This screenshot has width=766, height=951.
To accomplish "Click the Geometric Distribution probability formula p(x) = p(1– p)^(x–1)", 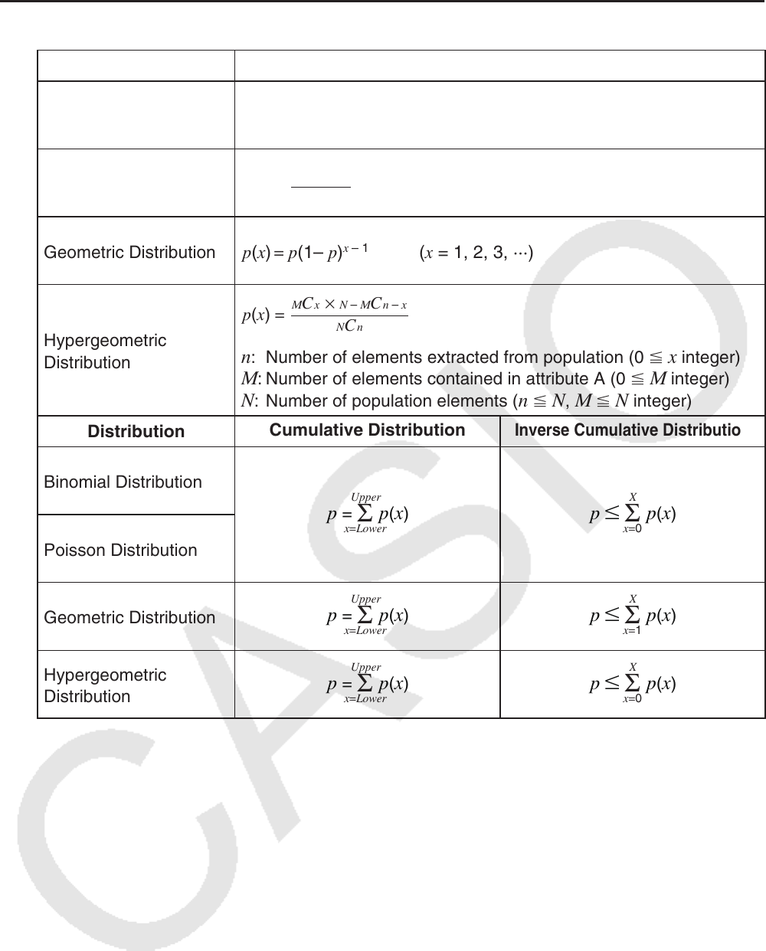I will pos(306,253).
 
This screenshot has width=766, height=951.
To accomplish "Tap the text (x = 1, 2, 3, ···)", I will pos(476,253).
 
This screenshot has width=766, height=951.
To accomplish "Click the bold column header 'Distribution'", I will pos(136,432).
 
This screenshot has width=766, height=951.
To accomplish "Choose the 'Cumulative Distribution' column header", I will pos(367,430).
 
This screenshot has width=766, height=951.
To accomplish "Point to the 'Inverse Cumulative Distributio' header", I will pos(627,430).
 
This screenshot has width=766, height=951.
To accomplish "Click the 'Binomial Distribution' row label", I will pos(123,482).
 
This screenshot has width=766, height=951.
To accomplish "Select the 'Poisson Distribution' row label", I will pos(120,550).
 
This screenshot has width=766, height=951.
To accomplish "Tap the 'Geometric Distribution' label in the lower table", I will pos(129,617).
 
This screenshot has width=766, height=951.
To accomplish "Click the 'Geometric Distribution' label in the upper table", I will pos(129,253).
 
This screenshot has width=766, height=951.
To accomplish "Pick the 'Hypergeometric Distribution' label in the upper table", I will pos(105,351).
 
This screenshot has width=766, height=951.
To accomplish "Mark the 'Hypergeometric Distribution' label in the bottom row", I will pos(105,685).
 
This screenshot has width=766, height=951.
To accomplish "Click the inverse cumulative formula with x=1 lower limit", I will pos(633,616).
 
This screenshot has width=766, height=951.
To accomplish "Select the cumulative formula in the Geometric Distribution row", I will pos(367,616).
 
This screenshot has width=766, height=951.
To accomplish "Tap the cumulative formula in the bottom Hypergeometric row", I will pos(367,684).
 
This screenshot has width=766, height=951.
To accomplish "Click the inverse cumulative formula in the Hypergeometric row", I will pos(633,684).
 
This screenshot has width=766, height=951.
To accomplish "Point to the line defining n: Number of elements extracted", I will pos(490,358).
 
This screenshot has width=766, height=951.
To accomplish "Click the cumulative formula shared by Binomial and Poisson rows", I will pos(367,514).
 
